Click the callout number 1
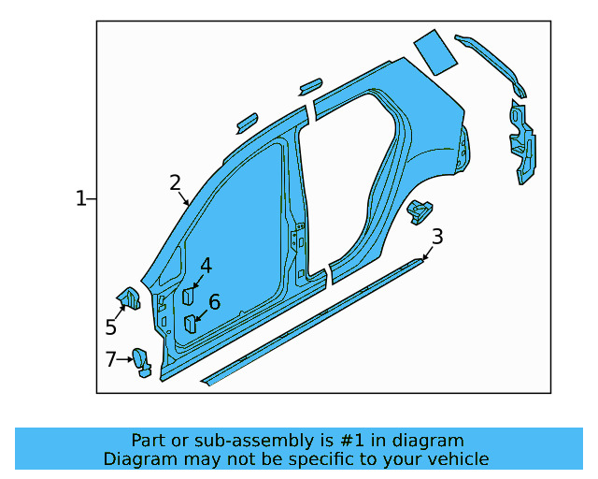[x=80, y=198]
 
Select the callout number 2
[x=175, y=182]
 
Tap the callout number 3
[x=437, y=237]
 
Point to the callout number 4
[x=206, y=266]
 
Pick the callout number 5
[x=111, y=327]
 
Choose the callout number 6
[x=214, y=302]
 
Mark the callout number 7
[x=110, y=358]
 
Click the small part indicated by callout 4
[x=188, y=296]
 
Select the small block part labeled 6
[x=190, y=324]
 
